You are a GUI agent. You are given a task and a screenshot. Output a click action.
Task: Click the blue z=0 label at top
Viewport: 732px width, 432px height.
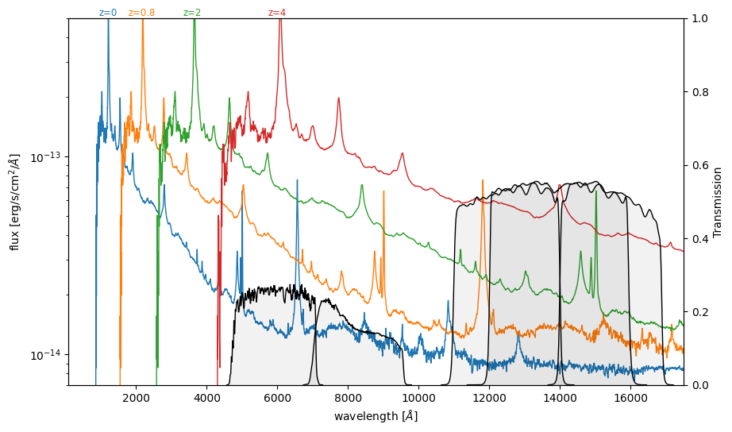pyautogui.click(x=108, y=13)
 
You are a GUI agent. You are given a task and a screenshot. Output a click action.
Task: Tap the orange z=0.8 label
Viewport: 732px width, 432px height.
pyautogui.click(x=141, y=13)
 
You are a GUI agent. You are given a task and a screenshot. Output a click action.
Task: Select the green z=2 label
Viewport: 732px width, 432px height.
pyautogui.click(x=192, y=13)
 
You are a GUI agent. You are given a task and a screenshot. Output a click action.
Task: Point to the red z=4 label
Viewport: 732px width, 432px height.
pyautogui.click(x=277, y=13)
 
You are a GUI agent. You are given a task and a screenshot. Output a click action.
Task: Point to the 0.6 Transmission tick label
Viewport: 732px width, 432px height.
pyautogui.click(x=699, y=165)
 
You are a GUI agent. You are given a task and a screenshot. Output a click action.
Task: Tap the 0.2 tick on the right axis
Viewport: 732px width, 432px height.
pyautogui.click(x=699, y=312)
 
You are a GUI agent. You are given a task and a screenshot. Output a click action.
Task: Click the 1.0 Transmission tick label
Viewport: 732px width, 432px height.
pyautogui.click(x=699, y=18)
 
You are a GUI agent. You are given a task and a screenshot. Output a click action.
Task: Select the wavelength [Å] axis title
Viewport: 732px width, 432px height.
pyautogui.click(x=376, y=416)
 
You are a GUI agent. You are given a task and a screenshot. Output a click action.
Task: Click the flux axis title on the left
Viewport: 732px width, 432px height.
pyautogui.click(x=14, y=202)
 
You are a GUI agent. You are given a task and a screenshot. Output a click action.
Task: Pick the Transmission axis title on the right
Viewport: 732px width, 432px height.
pyautogui.click(x=718, y=202)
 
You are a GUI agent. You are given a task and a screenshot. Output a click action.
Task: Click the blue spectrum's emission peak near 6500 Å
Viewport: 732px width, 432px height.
pyautogui.click(x=298, y=181)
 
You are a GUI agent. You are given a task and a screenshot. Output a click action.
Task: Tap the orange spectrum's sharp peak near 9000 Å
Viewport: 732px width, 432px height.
pyautogui.click(x=383, y=191)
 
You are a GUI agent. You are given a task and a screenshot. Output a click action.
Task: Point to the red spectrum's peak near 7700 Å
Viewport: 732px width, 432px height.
pyautogui.click(x=339, y=98)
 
